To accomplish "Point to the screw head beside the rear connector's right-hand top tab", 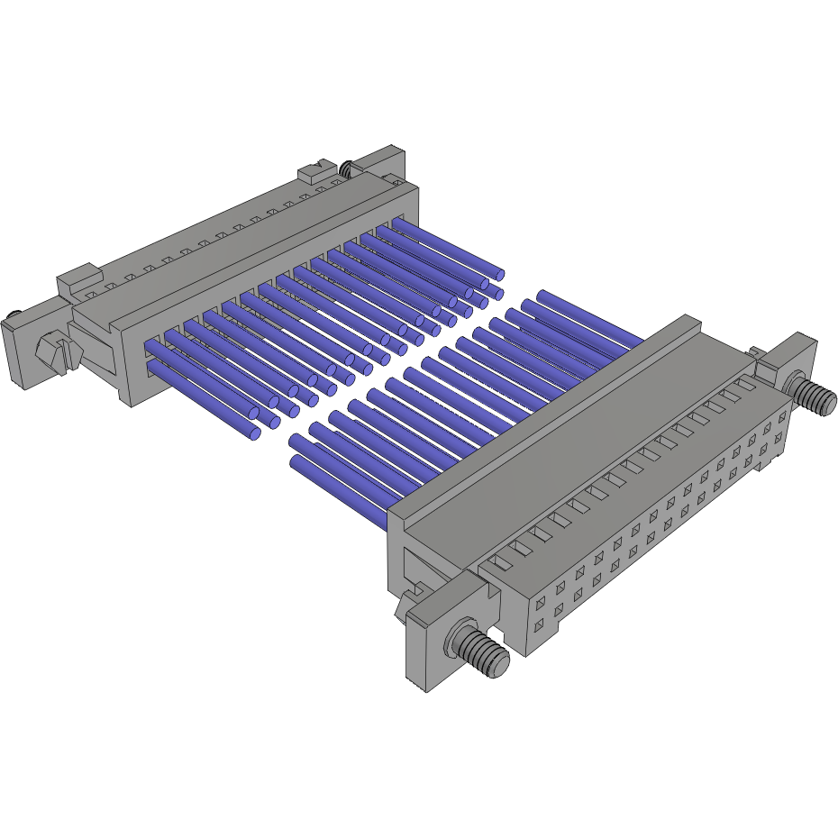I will coord(346,166).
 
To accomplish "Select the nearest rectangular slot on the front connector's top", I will coord(502,560).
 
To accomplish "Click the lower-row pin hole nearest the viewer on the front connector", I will coord(540,624).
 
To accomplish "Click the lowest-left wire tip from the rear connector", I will coord(254,434).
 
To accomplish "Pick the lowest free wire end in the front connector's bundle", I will coord(295,463).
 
